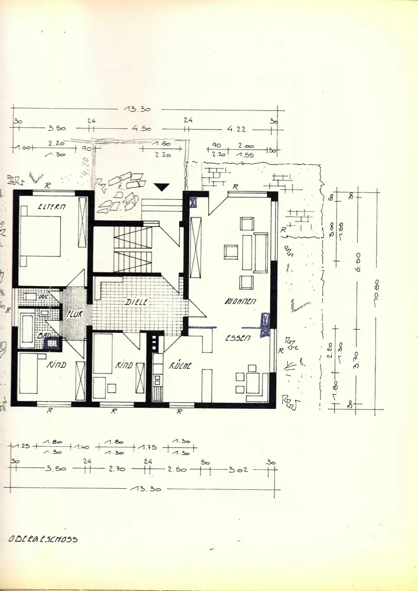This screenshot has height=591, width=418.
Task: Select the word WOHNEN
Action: click(x=240, y=301)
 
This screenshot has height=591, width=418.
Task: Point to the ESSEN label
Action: click(x=238, y=339)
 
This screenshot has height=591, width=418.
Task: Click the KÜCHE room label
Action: click(x=180, y=366)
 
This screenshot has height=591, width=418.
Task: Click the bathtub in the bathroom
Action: click(x=27, y=329)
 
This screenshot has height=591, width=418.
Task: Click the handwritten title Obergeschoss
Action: click(x=43, y=539)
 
